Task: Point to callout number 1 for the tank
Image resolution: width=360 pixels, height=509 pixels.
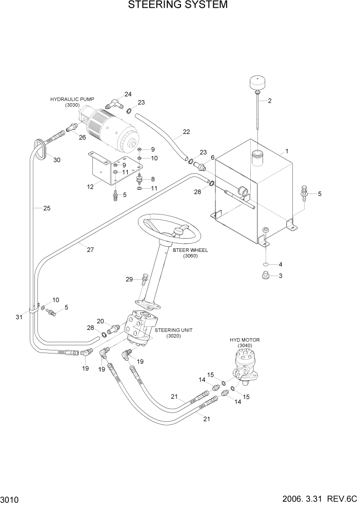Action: (x=287, y=151)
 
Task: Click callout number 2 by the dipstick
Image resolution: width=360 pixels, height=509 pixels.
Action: (x=269, y=101)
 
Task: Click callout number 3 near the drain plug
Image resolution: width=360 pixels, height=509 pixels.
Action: (x=280, y=276)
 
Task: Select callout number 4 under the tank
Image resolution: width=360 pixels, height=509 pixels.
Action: (x=280, y=265)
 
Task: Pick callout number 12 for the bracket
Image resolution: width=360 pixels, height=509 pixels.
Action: (x=90, y=187)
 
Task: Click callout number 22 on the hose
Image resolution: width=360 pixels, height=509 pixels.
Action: (x=186, y=132)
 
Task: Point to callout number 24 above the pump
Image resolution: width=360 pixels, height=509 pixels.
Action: (x=128, y=94)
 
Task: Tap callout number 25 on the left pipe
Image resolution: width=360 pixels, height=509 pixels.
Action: (x=47, y=208)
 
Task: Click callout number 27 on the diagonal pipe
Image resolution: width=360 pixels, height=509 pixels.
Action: (x=90, y=250)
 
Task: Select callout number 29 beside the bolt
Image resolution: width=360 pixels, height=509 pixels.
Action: (x=130, y=279)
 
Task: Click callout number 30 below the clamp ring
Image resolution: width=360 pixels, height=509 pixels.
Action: (x=56, y=160)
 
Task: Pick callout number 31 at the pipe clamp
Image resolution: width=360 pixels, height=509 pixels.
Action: (x=19, y=317)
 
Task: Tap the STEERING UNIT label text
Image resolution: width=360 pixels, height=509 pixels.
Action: (x=175, y=330)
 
